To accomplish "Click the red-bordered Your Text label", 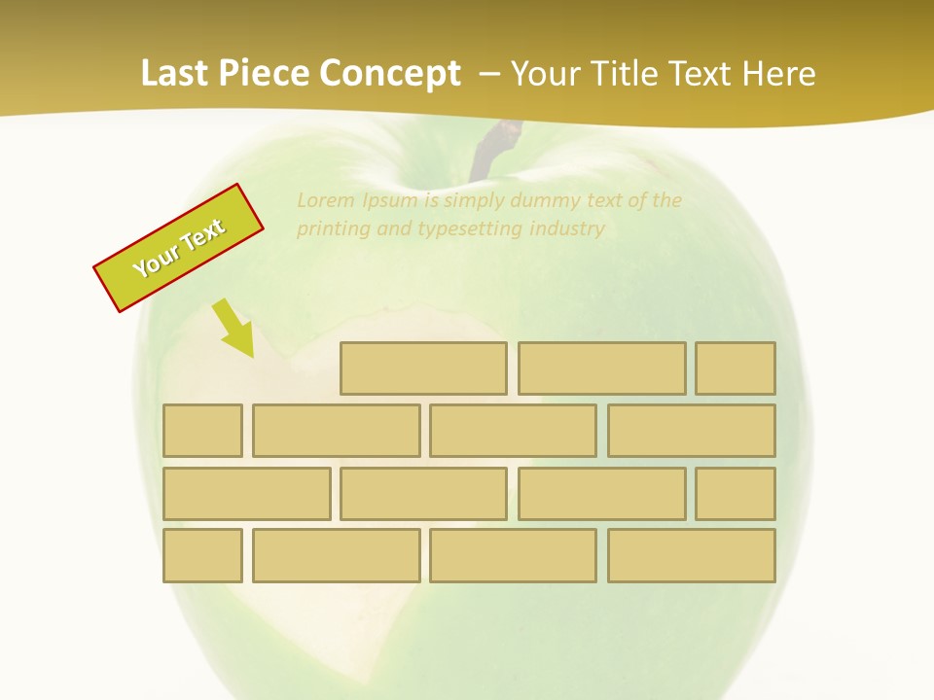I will pyautogui.click(x=179, y=248).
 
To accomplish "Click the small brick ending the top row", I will pyautogui.click(x=736, y=368).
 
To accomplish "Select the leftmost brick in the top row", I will pyautogui.click(x=423, y=368).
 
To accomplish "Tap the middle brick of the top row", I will pyautogui.click(x=601, y=368).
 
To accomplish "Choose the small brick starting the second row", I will pyautogui.click(x=202, y=431).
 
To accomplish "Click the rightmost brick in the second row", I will pyautogui.click(x=692, y=431).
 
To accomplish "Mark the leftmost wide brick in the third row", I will pyautogui.click(x=246, y=494).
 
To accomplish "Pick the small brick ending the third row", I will pyautogui.click(x=736, y=494).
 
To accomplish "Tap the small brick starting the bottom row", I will pyautogui.click(x=202, y=555).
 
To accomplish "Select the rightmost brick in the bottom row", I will pyautogui.click(x=692, y=555).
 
